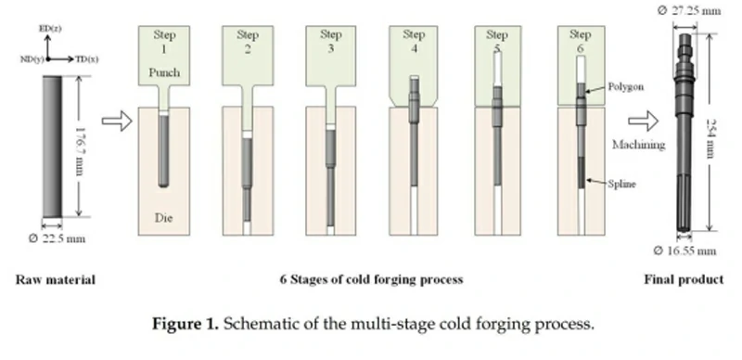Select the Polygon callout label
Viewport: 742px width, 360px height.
[625, 86]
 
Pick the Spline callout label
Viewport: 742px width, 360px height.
[620, 185]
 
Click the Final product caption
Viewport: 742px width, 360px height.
[689, 279]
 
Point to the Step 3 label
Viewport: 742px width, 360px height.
[331, 41]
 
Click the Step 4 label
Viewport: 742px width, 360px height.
[415, 41]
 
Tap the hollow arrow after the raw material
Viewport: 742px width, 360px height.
[113, 122]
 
